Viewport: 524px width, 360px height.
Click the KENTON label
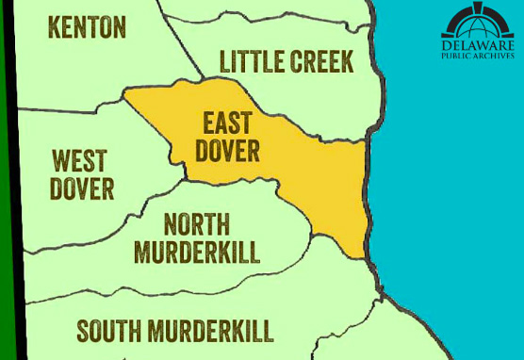click(x=87, y=28)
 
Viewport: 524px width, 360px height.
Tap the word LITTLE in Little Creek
click(x=251, y=62)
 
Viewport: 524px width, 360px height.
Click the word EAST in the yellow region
click(x=227, y=123)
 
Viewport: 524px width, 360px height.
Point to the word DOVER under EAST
click(x=229, y=151)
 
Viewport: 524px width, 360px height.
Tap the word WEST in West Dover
click(x=79, y=160)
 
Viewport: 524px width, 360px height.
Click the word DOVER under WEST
click(x=82, y=188)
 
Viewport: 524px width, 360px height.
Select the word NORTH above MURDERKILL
click(x=196, y=224)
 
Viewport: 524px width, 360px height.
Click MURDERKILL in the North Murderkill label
click(x=196, y=253)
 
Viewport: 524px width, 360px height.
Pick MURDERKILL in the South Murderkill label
click(x=216, y=331)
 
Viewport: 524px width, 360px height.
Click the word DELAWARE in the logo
click(x=478, y=44)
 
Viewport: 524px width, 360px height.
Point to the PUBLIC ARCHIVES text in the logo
click(x=478, y=56)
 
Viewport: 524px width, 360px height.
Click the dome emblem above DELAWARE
click(x=478, y=21)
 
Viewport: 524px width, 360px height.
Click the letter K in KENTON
click(x=54, y=28)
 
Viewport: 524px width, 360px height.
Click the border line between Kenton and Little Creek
click(x=184, y=47)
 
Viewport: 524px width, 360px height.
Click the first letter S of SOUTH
click(x=82, y=331)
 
